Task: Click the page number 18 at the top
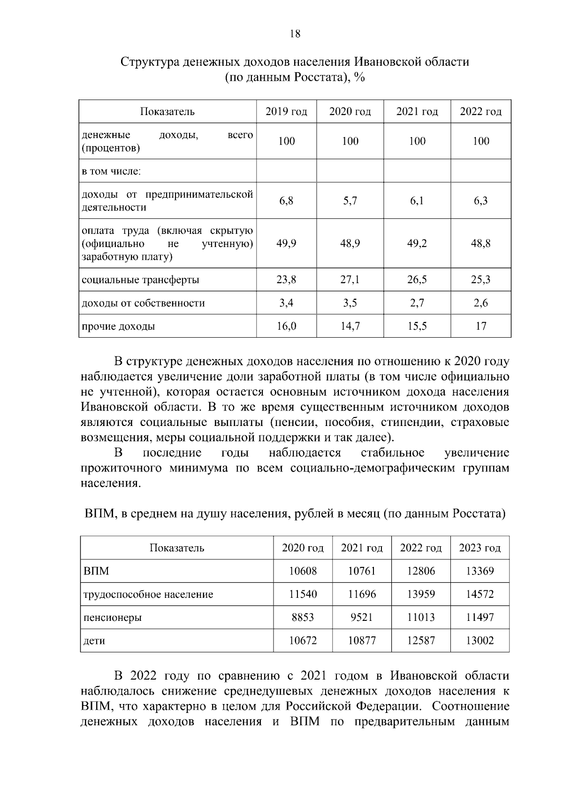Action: click(x=295, y=34)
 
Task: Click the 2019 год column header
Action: click(x=286, y=112)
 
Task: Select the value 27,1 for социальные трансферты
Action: click(x=350, y=280)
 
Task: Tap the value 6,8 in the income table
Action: click(x=286, y=201)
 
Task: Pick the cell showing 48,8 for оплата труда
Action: click(x=481, y=243)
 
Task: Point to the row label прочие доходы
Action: click(x=118, y=326)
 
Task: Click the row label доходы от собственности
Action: click(x=143, y=303)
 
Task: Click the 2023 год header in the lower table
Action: click(x=479, y=548)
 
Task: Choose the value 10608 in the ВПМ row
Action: click(x=303, y=571)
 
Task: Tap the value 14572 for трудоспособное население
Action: click(x=479, y=595)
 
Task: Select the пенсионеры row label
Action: click(x=113, y=618)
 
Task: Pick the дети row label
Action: click(x=94, y=641)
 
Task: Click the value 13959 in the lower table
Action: click(x=421, y=595)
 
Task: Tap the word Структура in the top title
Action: click(x=150, y=62)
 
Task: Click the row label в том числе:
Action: click(x=111, y=171)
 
